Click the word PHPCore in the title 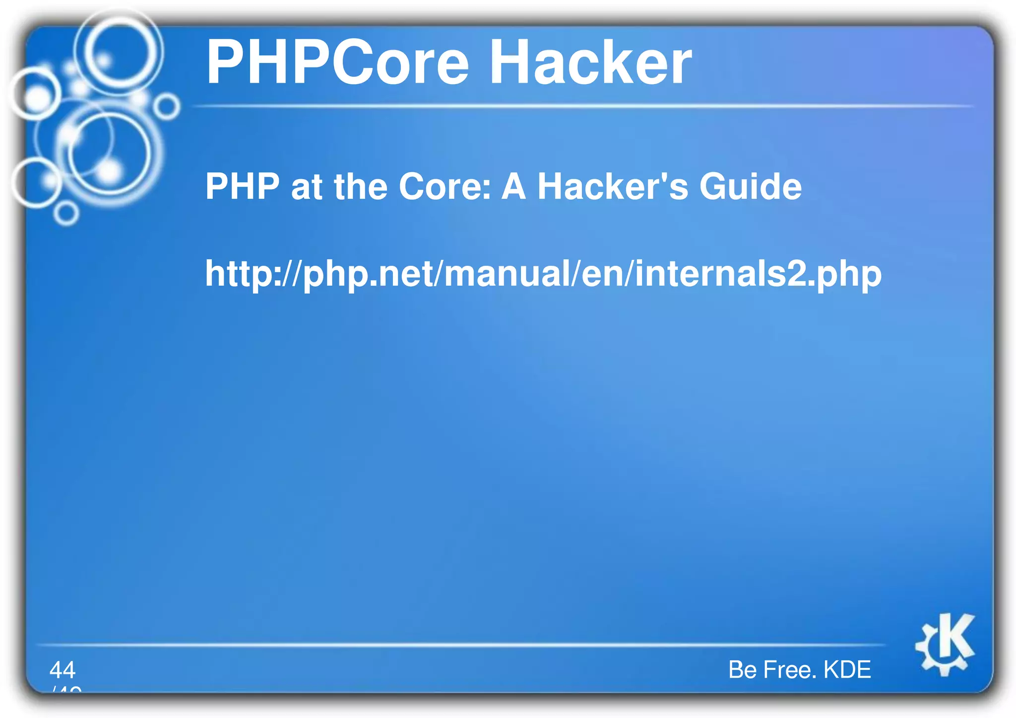337,63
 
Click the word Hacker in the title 590,63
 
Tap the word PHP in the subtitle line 243,186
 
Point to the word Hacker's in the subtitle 613,186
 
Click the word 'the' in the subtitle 361,186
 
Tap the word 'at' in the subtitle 307,186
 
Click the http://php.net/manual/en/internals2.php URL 543,274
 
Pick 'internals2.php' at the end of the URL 758,274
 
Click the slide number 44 63,670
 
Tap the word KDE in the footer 847,670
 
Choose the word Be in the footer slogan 742,670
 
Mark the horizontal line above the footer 461,645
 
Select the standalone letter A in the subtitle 514,186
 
